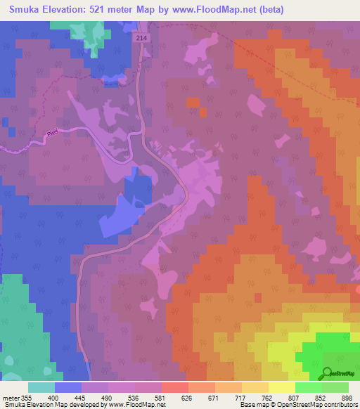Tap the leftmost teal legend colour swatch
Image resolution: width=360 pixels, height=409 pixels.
pyautogui.click(x=41, y=387)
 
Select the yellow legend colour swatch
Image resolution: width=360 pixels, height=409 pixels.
pyautogui.click(x=281, y=387)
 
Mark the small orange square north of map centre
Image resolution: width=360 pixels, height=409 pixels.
pyautogui.click(x=193, y=103)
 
